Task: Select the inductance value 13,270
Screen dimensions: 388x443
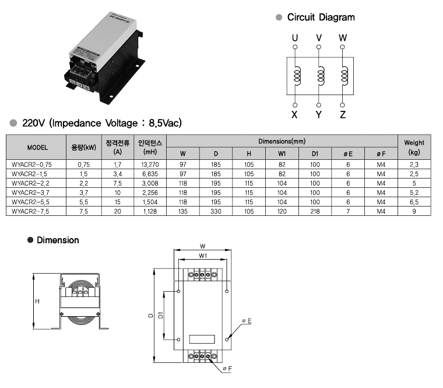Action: tap(150, 165)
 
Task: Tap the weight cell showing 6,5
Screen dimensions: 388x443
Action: tap(414, 201)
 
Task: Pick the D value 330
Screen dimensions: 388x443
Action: tap(216, 211)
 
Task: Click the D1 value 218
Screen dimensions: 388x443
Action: tap(315, 211)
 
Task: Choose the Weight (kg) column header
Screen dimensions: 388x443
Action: tap(414, 147)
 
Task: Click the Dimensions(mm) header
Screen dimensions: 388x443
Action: tap(282, 141)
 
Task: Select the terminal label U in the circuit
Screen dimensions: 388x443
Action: tap(295, 38)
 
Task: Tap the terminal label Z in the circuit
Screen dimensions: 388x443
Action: tap(343, 114)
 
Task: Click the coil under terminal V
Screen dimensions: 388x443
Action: tap(319, 75)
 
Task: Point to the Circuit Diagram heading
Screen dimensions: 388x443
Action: tap(321, 18)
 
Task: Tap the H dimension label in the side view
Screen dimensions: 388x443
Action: tap(37, 301)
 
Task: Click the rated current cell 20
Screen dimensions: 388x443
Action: tap(117, 211)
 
